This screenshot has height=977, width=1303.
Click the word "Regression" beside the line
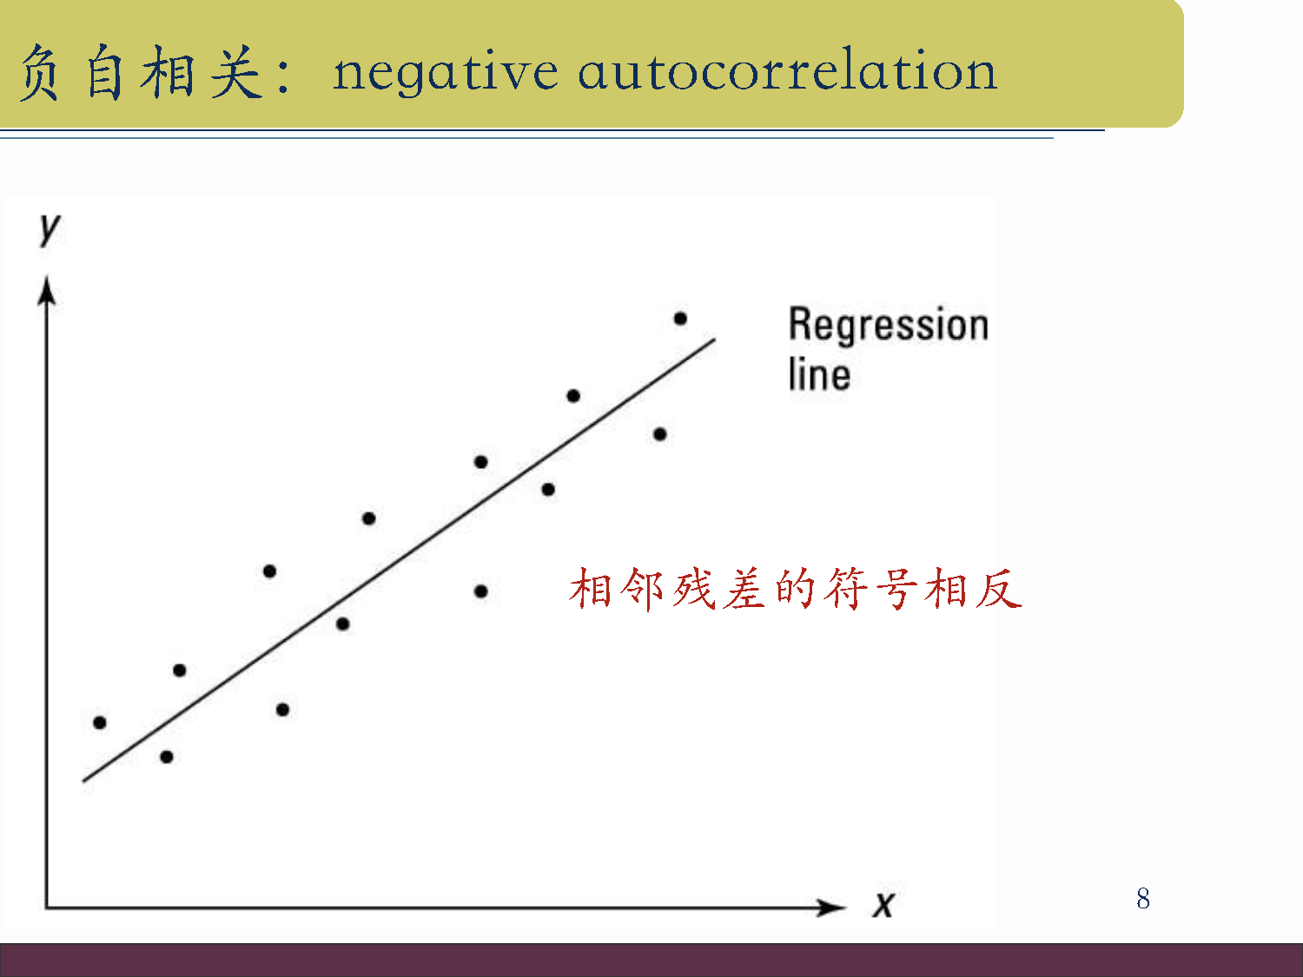(889, 325)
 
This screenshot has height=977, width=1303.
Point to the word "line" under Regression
(819, 374)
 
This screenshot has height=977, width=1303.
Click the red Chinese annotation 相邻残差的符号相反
(796, 589)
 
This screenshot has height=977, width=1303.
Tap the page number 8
(1142, 898)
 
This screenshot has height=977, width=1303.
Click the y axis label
(50, 229)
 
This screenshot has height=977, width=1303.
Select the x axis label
(883, 905)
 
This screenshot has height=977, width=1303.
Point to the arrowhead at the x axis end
(831, 907)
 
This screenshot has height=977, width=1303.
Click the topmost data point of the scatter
(680, 319)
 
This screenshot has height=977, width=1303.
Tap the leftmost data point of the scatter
(100, 723)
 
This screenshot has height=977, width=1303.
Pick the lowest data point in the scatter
(167, 757)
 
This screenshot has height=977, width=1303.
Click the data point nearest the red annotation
(481, 591)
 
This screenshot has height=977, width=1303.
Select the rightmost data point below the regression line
(659, 434)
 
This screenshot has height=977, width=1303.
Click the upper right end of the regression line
(715, 340)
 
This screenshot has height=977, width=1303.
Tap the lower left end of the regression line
(83, 782)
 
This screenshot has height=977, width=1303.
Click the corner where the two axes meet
(46, 908)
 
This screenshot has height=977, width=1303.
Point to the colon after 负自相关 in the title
(283, 77)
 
